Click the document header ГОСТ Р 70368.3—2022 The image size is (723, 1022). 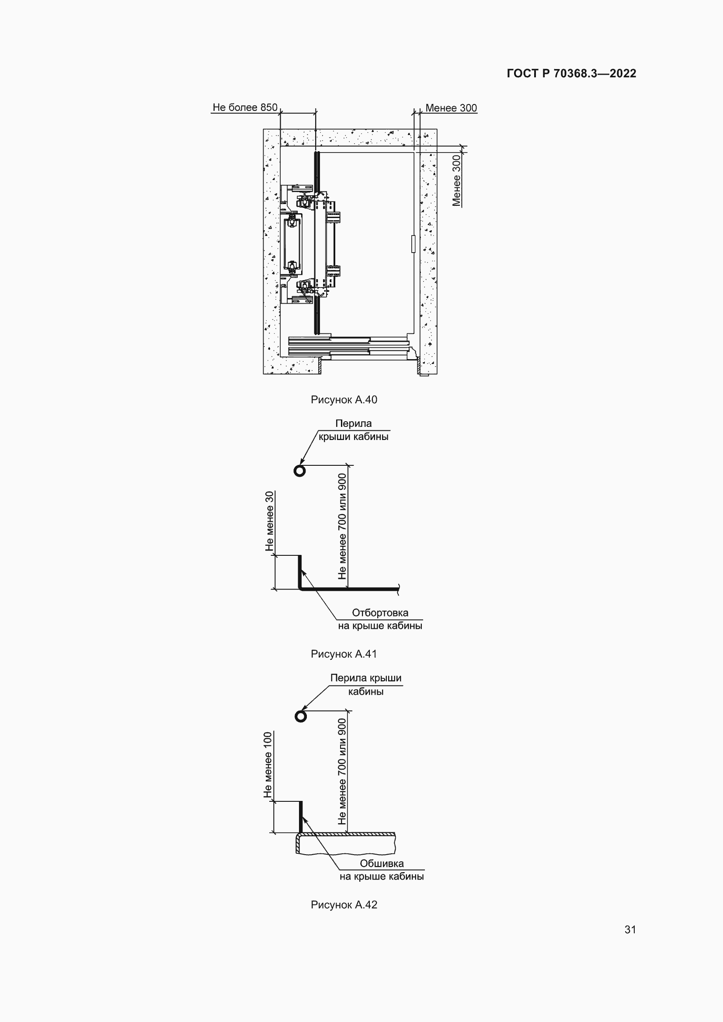572,73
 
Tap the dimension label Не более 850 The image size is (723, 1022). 245,107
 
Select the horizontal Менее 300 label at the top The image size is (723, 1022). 451,108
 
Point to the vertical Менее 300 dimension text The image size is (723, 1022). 456,180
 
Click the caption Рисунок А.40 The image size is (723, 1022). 344,400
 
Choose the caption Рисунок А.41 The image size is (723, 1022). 344,654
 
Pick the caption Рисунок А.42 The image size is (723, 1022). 344,904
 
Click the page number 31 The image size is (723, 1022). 630,929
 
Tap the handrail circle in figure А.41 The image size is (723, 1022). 299,471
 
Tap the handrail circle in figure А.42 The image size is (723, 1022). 301,716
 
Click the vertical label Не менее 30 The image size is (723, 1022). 269,521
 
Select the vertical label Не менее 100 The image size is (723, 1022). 268,765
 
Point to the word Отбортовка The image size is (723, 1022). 380,613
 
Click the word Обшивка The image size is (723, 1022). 382,863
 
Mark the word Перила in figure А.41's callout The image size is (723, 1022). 354,423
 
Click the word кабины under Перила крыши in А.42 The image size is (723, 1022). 365,691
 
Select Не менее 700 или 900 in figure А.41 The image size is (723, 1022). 342,526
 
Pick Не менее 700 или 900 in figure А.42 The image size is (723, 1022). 342,771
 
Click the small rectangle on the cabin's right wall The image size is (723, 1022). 413,244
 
